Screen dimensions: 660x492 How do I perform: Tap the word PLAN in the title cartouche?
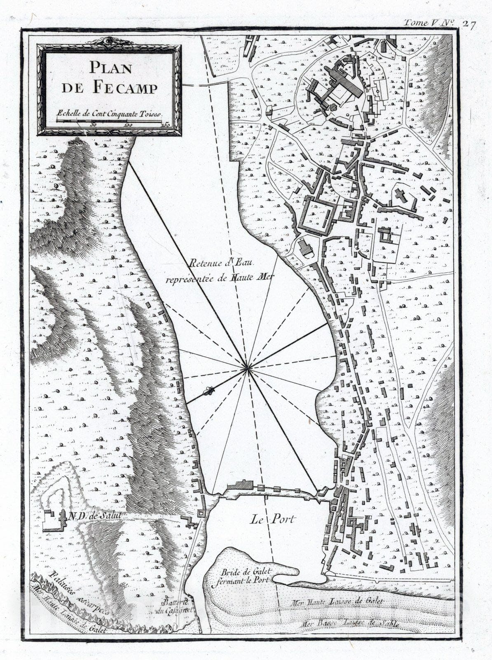(110, 67)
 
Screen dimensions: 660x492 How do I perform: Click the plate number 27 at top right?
(469, 24)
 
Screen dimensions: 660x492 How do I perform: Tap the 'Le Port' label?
(273, 519)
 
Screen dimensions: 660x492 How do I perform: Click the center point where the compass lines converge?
(247, 368)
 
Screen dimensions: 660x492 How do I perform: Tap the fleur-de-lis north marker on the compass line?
(210, 390)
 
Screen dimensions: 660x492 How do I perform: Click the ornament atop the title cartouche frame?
(109, 40)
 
